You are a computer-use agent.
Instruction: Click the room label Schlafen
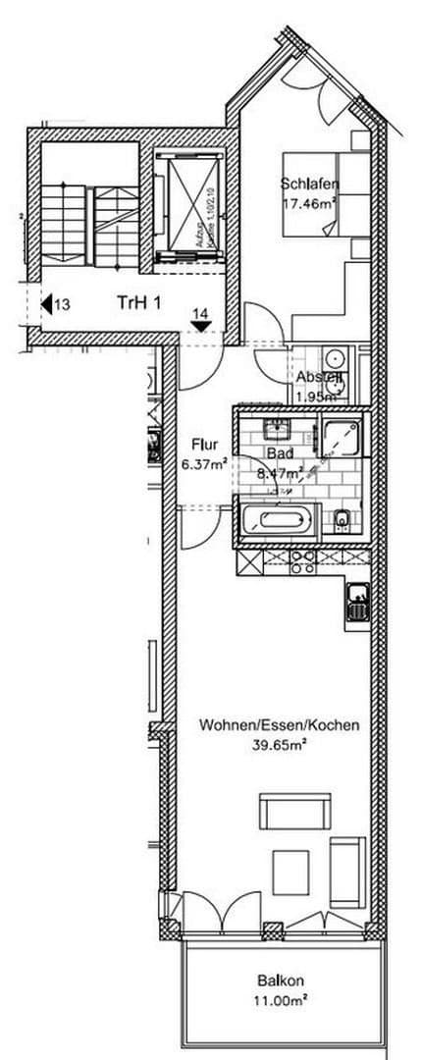tap(308, 184)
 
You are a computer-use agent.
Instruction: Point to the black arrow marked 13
tap(46, 304)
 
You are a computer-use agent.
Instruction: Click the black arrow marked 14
tap(200, 327)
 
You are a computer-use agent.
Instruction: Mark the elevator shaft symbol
tap(187, 204)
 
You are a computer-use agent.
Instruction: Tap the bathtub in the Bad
tap(277, 521)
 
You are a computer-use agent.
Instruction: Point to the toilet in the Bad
tap(343, 519)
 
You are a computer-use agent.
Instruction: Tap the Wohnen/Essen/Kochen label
tap(279, 726)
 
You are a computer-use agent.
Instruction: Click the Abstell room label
tap(319, 378)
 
